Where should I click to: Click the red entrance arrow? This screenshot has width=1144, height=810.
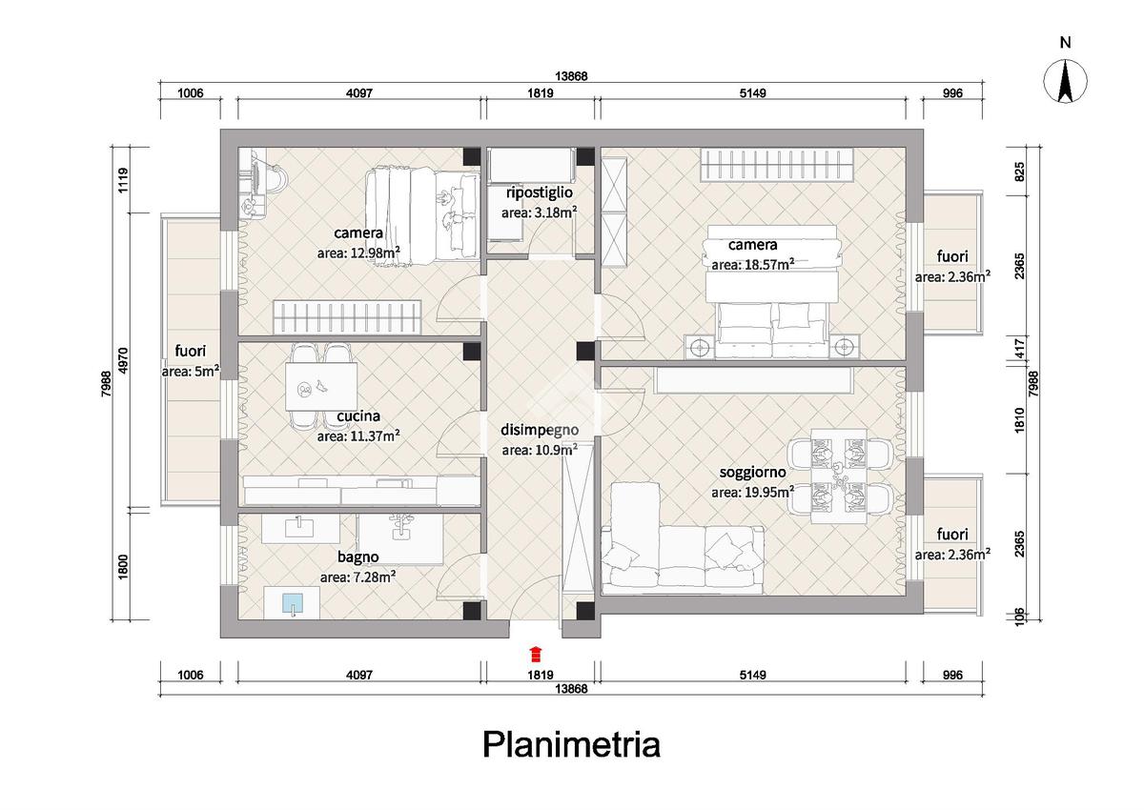click(535, 654)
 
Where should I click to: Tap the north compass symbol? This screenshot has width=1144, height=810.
click(1065, 81)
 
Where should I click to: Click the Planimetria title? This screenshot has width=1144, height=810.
click(571, 744)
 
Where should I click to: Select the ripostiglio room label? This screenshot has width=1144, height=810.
click(540, 192)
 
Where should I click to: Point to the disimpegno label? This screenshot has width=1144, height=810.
click(540, 430)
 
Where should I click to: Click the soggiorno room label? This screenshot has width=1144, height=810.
click(752, 472)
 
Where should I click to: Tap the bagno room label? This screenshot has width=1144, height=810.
click(358, 557)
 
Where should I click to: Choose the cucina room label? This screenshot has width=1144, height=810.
click(358, 416)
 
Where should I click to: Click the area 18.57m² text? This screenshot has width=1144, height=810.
click(752, 264)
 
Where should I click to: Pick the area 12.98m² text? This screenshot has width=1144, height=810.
click(358, 253)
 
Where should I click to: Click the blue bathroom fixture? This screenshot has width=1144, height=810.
click(293, 603)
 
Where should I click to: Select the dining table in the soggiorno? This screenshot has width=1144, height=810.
click(839, 476)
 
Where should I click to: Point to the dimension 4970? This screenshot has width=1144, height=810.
click(123, 360)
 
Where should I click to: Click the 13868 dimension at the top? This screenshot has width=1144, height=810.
click(571, 76)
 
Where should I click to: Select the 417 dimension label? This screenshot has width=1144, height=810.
click(1019, 349)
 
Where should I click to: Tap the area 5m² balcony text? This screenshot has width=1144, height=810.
click(191, 372)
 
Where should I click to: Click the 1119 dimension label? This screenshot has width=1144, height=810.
click(123, 180)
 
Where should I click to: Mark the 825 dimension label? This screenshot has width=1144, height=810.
click(1019, 172)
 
